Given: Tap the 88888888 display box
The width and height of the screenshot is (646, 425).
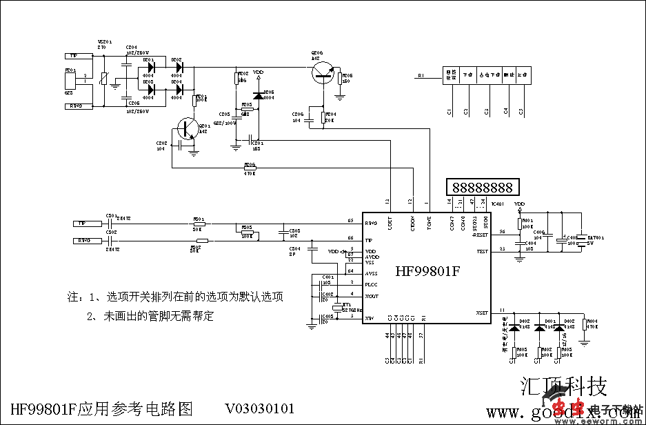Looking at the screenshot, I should click(483, 187).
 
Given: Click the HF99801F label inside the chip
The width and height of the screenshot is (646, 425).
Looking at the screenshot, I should click(427, 271).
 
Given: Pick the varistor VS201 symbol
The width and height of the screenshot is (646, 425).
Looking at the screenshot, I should click(103, 79).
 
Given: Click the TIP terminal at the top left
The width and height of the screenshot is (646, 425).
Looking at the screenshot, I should click(74, 55).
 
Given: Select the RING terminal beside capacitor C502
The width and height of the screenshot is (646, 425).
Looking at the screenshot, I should click(84, 240).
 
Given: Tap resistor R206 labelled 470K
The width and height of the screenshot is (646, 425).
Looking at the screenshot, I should click(250, 166).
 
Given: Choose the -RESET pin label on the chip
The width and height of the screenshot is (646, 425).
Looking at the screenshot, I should click(480, 235).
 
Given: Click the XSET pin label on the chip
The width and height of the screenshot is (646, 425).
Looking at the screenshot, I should click(482, 313).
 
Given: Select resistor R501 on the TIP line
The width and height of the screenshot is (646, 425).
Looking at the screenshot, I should click(199, 224).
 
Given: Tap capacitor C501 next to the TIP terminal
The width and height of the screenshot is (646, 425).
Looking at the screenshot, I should click(110, 224).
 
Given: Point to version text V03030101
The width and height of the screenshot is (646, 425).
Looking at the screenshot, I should click(259, 408).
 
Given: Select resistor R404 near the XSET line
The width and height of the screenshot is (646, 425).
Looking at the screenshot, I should click(584, 325).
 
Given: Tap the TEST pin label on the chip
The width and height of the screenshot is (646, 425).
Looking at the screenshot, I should click(482, 251).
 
